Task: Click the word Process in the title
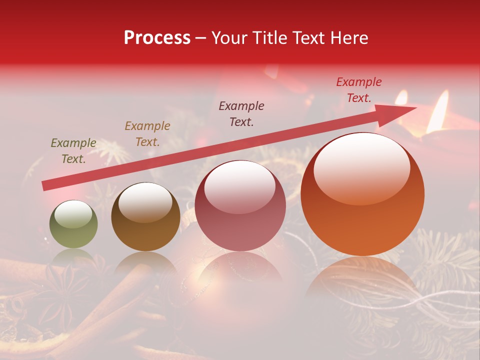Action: click(157, 38)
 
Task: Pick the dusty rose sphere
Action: click(240, 205)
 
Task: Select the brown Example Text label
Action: click(147, 134)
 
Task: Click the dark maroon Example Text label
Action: click(241, 113)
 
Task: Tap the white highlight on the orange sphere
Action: click(361, 167)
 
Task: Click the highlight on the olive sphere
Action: click(73, 214)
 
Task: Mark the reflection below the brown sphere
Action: click(145, 262)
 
